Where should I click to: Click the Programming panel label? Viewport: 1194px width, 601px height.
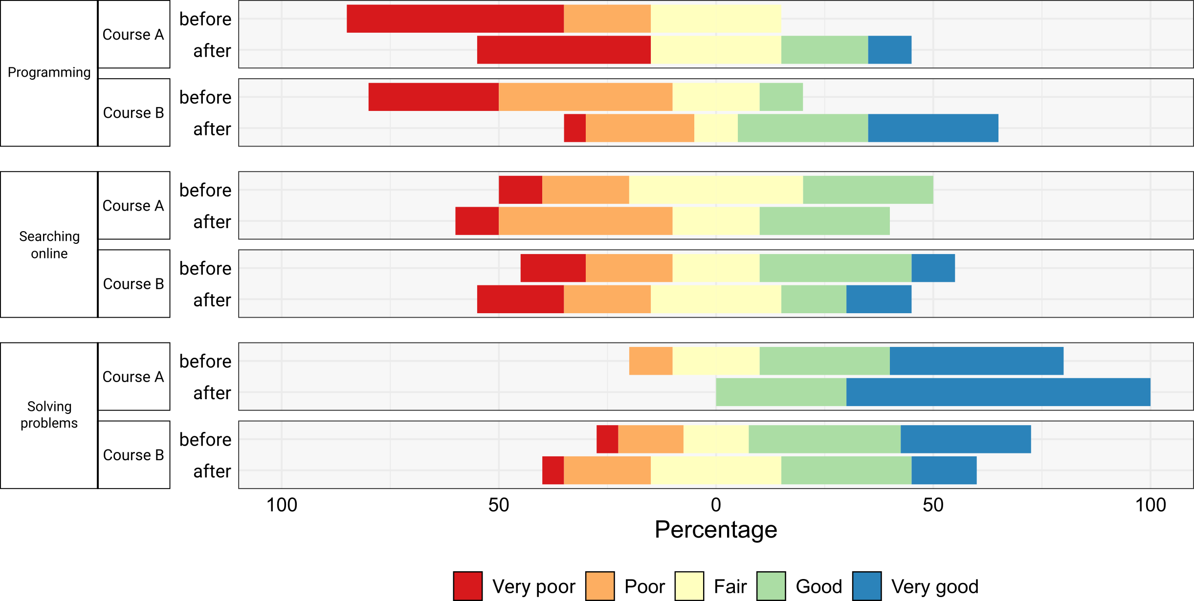(49, 72)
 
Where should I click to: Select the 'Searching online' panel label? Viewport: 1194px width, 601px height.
(49, 245)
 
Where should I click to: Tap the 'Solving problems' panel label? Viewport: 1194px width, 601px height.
(49, 414)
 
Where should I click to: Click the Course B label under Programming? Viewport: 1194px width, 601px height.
(133, 113)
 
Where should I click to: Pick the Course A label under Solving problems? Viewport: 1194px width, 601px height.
(133, 377)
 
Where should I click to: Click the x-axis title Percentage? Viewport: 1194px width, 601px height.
(716, 530)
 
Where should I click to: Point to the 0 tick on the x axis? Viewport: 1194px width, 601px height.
(716, 505)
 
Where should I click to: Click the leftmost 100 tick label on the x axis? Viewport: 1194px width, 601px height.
(282, 505)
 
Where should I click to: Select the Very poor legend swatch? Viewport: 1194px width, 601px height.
(468, 586)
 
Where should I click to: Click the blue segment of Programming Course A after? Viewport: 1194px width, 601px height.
(889, 50)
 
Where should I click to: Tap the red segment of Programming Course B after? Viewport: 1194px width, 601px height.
(575, 128)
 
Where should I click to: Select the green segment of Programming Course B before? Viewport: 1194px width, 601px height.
(781, 97)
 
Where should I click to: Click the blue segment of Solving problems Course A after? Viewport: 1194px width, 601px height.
(998, 392)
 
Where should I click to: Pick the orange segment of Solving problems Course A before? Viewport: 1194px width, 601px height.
(650, 361)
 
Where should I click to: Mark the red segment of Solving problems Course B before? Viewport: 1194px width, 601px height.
(607, 439)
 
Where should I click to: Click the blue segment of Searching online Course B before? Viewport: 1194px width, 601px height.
(933, 268)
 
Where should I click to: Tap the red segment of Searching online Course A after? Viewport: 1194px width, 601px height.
(477, 221)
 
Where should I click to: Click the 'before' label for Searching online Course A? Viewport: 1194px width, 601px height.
(205, 190)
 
